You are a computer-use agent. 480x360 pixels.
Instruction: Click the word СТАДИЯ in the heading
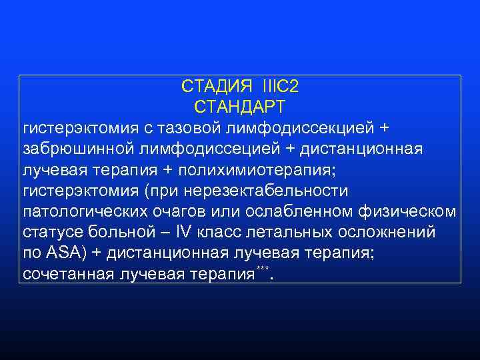tap(217, 87)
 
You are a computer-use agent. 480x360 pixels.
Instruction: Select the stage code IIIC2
tap(285, 87)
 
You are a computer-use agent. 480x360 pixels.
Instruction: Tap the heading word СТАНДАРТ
tap(239, 107)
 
